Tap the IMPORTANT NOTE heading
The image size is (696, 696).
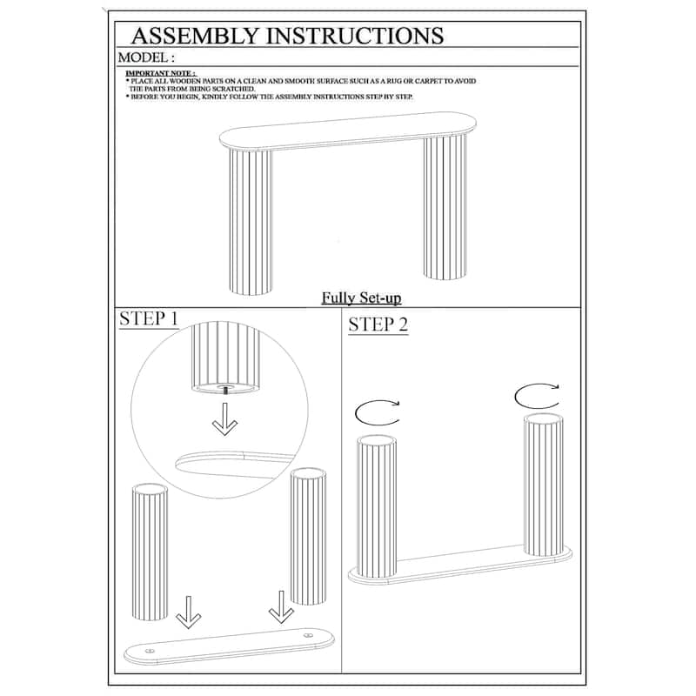pyautogui.click(x=160, y=73)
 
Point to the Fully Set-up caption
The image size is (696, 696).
pyautogui.click(x=361, y=298)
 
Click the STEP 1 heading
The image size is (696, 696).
pyautogui.click(x=149, y=318)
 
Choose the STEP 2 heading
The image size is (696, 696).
pyautogui.click(x=378, y=325)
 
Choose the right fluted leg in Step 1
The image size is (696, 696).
pyautogui.click(x=307, y=535)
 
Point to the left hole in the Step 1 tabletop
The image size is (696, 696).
pyautogui.click(x=151, y=650)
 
